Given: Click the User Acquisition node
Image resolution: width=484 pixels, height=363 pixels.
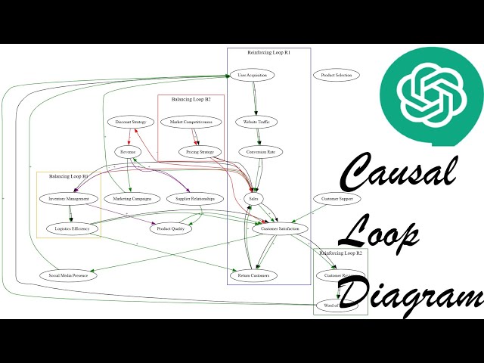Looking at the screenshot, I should pos(252,75).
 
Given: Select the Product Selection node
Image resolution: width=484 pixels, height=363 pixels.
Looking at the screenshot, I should pos(337,75).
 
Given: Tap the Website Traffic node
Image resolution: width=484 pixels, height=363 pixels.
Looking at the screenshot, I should pos(257,122).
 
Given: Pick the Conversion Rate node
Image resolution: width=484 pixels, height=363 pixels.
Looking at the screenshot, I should pos(261,152).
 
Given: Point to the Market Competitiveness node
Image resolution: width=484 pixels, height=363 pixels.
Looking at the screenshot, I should pos(191,122).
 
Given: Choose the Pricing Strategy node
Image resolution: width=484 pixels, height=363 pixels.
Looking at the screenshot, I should pos(201,152).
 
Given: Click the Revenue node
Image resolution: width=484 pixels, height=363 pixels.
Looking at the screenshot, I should pos(126,152).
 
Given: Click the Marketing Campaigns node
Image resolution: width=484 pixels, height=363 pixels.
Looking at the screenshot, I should pos(128,199).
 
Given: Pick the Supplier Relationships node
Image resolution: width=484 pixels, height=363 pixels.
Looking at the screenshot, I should pos(195,199).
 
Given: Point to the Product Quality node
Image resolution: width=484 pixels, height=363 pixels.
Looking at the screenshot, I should pos(171,228).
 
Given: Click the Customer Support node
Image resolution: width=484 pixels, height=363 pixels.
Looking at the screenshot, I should pos(337,199).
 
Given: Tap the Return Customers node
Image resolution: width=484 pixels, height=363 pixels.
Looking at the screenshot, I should pos(254,275).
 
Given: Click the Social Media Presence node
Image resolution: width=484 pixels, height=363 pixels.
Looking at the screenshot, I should pos(69,275).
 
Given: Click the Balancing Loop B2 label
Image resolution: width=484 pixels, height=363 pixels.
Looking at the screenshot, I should pos(191,99).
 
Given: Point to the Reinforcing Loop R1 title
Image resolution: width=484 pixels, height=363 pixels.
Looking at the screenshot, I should pos(268,52).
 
